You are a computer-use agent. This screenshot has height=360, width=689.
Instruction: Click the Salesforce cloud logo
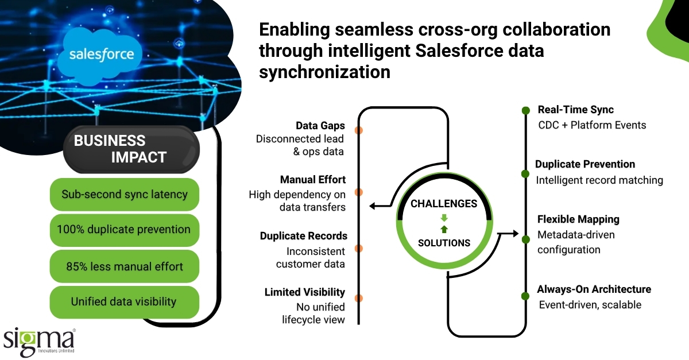click(x=102, y=54)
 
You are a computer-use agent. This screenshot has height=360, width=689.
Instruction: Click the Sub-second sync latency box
click(x=125, y=194)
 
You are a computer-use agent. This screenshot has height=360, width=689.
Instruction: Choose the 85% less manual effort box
click(x=125, y=266)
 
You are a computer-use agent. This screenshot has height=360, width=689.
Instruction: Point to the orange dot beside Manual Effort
click(x=359, y=192)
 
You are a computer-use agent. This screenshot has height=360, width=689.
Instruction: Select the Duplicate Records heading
click(x=303, y=236)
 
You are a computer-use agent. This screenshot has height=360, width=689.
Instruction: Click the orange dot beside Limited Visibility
click(x=359, y=297)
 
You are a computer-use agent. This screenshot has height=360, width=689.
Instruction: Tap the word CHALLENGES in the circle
click(x=443, y=204)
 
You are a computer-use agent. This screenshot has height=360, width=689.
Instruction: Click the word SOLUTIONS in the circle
click(x=444, y=243)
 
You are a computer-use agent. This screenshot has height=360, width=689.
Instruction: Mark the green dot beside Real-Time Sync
click(x=525, y=110)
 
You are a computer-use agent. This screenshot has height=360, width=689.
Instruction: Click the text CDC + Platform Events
click(x=591, y=125)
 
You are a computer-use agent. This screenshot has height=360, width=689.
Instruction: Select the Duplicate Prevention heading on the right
click(x=585, y=164)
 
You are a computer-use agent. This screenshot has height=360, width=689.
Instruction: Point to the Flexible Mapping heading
click(x=578, y=219)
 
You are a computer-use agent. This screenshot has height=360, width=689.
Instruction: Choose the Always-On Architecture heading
click(x=594, y=289)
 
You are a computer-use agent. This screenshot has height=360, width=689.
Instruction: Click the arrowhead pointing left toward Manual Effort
click(x=373, y=206)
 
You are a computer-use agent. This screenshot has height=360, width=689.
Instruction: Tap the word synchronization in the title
click(x=324, y=73)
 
